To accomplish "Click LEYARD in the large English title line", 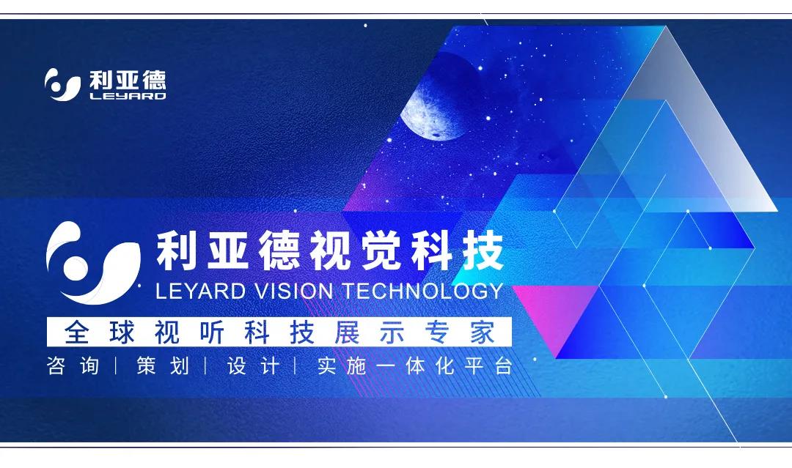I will pos(200,290).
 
